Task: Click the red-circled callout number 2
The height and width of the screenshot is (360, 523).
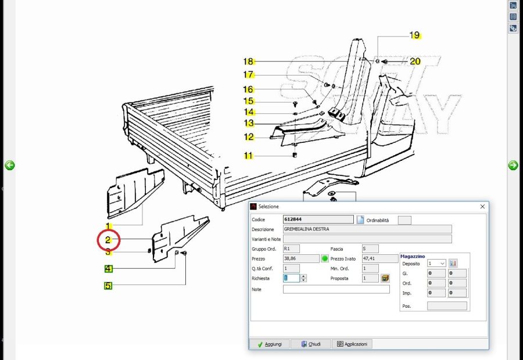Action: [108, 240]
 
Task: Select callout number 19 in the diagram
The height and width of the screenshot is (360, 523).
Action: [414, 35]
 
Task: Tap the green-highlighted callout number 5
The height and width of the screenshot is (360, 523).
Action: [108, 286]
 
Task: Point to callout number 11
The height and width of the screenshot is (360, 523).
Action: [248, 156]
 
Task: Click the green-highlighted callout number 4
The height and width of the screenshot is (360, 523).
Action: [109, 268]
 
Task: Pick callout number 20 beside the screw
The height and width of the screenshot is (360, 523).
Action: [415, 62]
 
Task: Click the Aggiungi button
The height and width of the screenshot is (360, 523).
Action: [270, 344]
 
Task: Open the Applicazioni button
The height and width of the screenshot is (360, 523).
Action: [352, 344]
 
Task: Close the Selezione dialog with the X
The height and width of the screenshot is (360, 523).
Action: [482, 207]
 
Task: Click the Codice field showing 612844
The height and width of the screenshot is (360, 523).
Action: [318, 219]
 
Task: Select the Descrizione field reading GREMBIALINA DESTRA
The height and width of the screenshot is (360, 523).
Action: [367, 229]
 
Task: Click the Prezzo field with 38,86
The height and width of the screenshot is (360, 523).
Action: [301, 258]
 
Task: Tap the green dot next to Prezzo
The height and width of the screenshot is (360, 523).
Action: [324, 258]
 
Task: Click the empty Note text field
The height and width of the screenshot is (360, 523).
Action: [336, 289]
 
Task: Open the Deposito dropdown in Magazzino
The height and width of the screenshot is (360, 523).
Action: [436, 264]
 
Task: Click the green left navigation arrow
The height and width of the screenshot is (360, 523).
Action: [10, 165]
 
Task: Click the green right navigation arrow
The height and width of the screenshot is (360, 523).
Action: [513, 165]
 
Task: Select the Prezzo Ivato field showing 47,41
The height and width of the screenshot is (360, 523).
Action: [380, 258]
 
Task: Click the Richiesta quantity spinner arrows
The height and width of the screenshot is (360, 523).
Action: [303, 278]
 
